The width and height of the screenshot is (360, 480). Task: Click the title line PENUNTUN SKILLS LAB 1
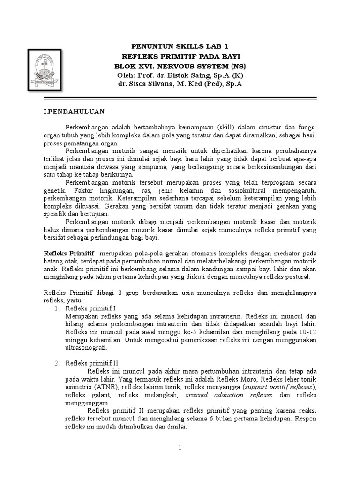(180, 47)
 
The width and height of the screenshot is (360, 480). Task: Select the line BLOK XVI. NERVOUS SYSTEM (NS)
(180, 66)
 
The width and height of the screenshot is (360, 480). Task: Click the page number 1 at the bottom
(180, 448)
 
